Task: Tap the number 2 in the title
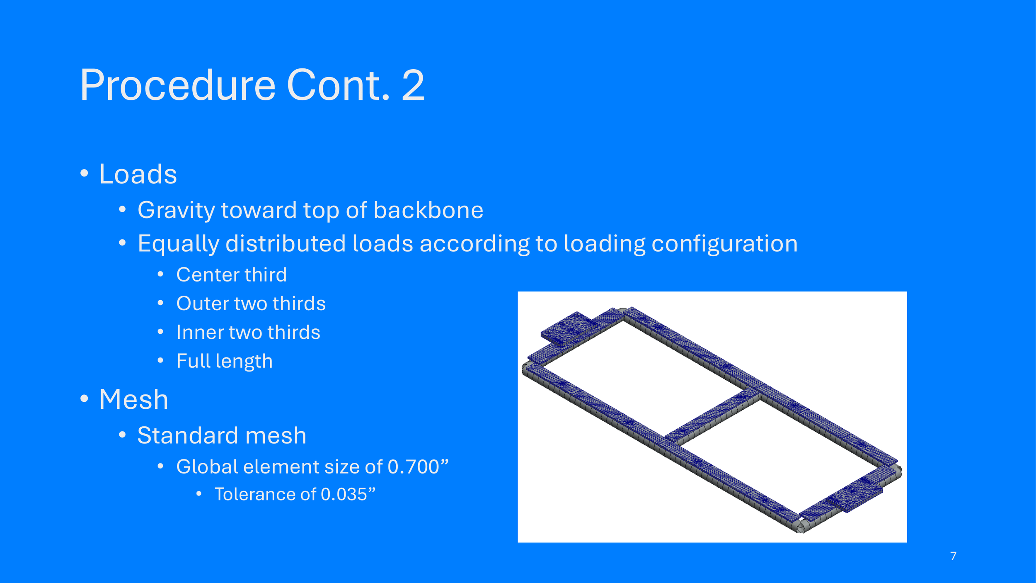click(x=413, y=85)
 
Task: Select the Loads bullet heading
click(x=138, y=174)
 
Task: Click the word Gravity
click(x=176, y=210)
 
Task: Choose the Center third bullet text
click(x=231, y=275)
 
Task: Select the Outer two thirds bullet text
click(x=251, y=304)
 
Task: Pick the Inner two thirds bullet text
click(x=248, y=333)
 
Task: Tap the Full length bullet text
click(x=225, y=361)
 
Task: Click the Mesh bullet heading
click(x=133, y=400)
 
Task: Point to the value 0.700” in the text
click(x=418, y=467)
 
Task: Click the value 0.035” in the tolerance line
click(x=348, y=494)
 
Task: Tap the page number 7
click(x=953, y=556)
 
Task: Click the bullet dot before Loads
click(x=84, y=173)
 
